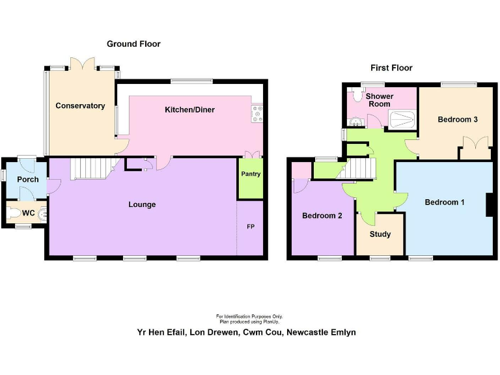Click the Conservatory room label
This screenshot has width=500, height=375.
[x=80, y=105]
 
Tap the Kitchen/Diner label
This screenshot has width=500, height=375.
[x=189, y=109]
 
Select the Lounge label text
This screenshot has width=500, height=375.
[x=142, y=204]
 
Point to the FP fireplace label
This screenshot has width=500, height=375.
[x=251, y=227]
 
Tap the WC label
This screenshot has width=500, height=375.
[x=28, y=212]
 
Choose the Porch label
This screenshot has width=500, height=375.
[x=28, y=179]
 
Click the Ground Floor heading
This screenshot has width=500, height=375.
[x=133, y=44]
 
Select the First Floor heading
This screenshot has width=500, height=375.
[x=391, y=68]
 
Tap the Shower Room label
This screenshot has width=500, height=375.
[x=379, y=100]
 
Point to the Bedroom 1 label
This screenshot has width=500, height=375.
[x=445, y=202]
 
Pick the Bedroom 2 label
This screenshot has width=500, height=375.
[x=322, y=215]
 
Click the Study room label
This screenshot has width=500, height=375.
[x=380, y=234]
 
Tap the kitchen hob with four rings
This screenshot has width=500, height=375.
[x=257, y=115]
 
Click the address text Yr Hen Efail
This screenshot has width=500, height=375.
[x=158, y=332]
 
